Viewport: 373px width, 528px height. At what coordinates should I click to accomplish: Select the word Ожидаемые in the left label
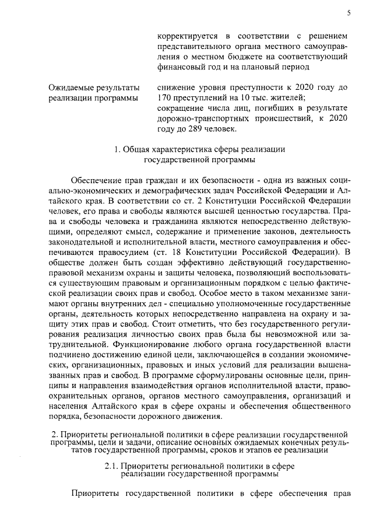coord(70,87)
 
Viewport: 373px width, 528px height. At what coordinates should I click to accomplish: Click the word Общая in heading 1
coord(138,150)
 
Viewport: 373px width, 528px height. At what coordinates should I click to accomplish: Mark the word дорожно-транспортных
coord(201,118)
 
